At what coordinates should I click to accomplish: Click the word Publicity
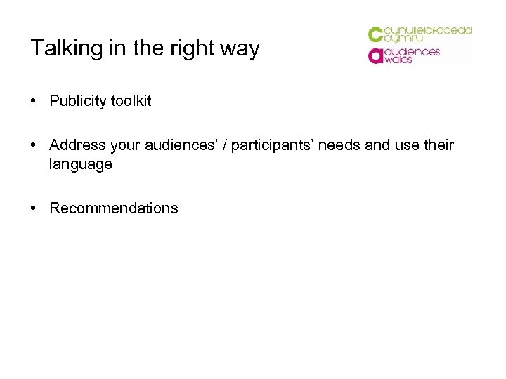pos(77,101)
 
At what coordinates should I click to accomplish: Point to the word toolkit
pos(130,101)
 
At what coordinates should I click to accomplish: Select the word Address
pos(76,145)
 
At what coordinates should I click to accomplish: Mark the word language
pos(81,164)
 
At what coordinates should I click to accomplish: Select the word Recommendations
pos(114,208)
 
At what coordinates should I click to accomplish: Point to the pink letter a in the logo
pos(375,56)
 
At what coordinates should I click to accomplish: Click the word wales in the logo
pos(398,60)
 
